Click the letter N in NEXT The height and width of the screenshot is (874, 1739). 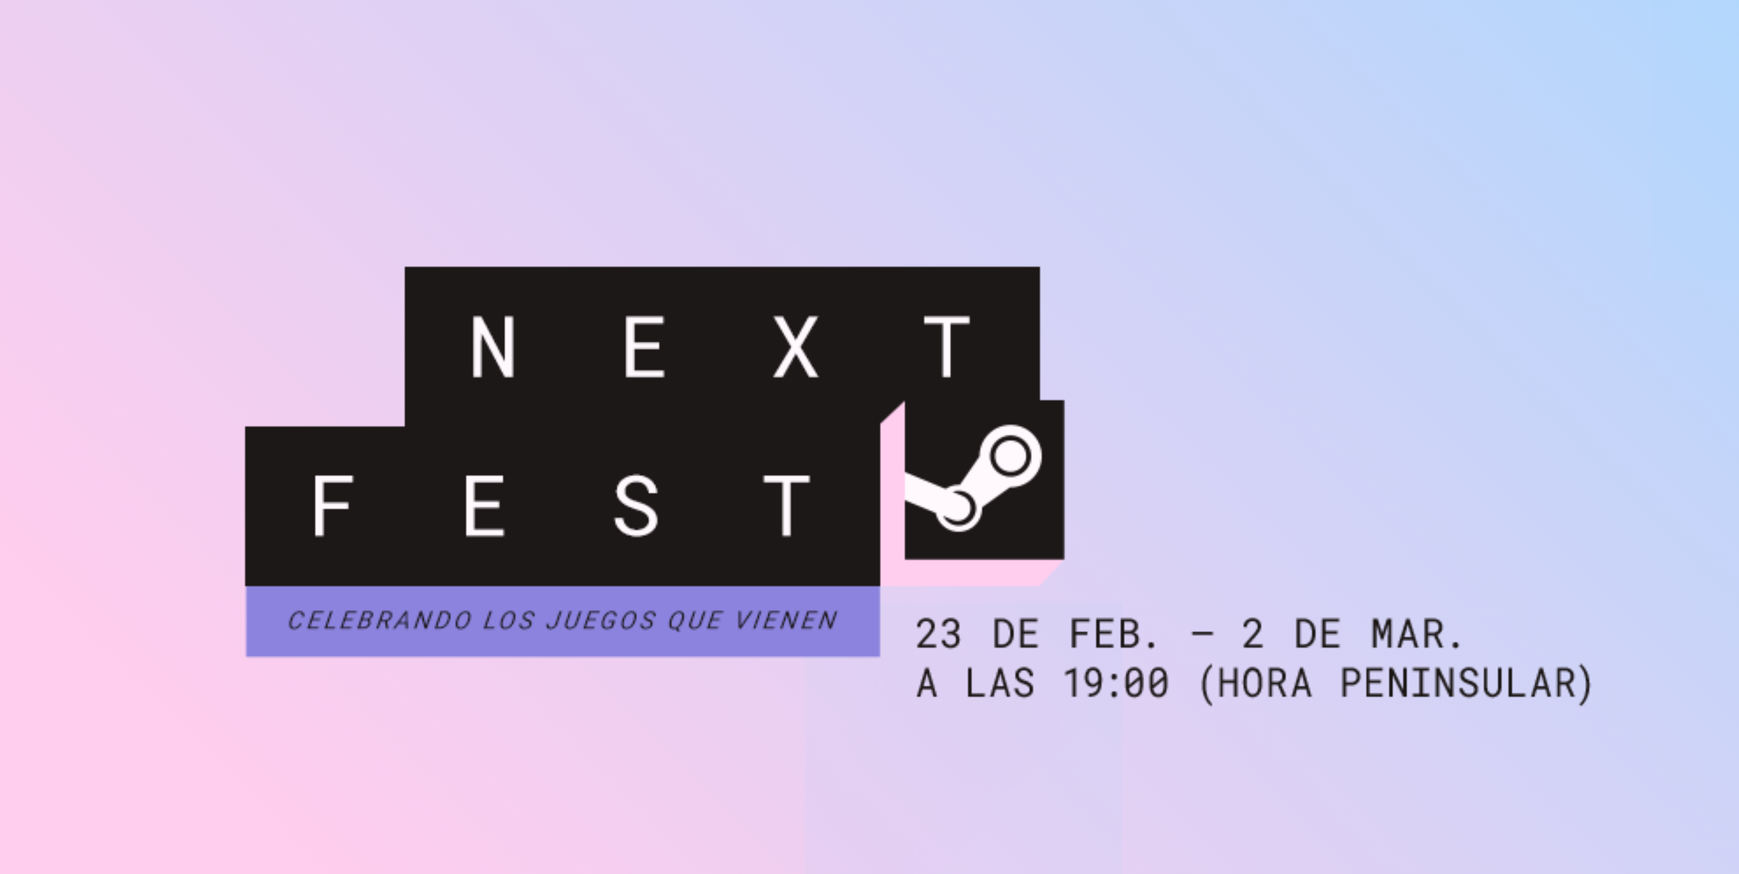coord(494,346)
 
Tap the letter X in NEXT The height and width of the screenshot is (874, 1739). coord(796,346)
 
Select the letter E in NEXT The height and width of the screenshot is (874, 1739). coord(645,346)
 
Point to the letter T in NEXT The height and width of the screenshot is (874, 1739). coord(947,346)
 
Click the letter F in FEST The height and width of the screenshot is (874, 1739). coord(333,506)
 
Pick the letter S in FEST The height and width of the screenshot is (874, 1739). coord(636,506)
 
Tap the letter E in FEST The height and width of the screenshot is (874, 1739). coord(485,506)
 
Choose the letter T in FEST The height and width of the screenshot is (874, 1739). coord(787,506)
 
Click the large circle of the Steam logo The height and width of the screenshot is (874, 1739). coord(1010,456)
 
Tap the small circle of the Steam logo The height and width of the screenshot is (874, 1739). coord(958,508)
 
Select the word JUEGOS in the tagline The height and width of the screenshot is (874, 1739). coord(601,621)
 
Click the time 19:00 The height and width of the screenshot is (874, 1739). coord(1116,683)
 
